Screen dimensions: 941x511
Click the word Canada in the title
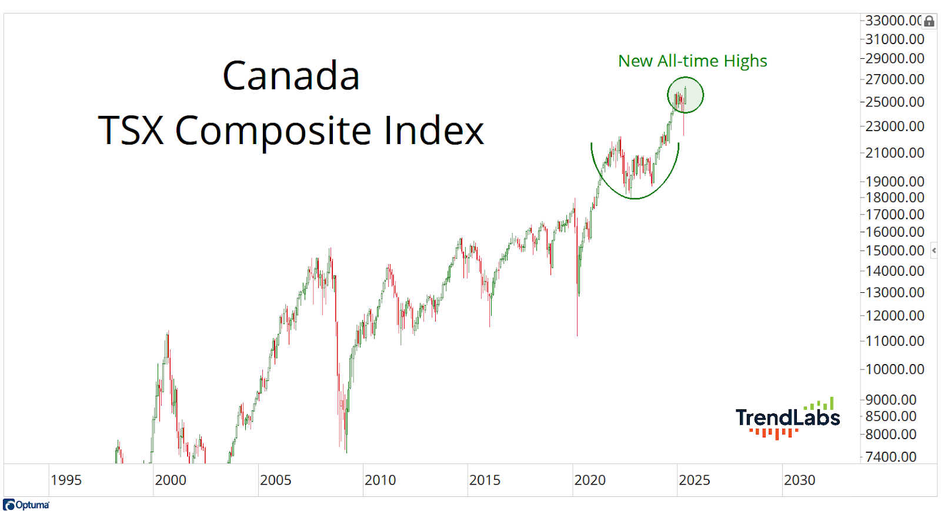(291, 76)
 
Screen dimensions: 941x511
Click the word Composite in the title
(273, 131)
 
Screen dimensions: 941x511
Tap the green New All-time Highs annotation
(692, 61)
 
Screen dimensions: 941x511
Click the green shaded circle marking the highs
(685, 95)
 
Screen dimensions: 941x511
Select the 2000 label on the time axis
(170, 480)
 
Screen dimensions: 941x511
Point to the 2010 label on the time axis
(380, 480)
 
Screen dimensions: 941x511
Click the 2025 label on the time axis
(694, 480)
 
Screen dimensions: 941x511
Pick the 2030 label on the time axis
(799, 480)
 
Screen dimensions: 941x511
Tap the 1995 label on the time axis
(66, 480)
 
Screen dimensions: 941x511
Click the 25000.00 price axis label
(895, 102)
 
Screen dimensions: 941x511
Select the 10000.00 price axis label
(895, 369)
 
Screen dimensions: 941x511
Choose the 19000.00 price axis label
(895, 181)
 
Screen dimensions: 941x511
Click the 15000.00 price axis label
(895, 251)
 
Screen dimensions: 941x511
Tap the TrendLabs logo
(787, 418)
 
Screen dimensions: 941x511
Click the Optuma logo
(26, 505)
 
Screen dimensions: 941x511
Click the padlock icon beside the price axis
(929, 21)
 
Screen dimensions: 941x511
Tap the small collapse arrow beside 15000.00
(934, 251)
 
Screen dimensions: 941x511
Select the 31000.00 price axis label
(895, 39)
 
